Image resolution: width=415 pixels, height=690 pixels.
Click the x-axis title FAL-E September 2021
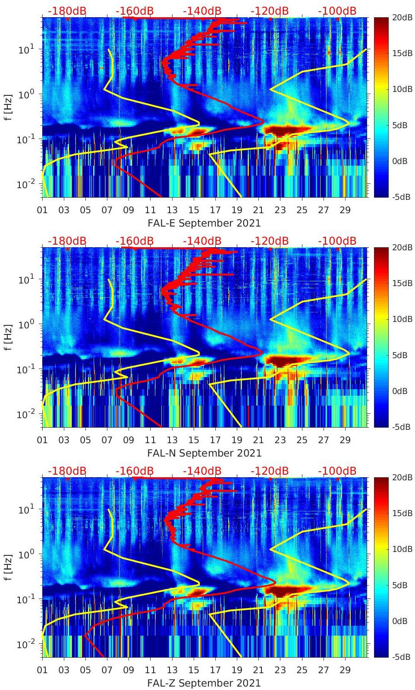[204, 223]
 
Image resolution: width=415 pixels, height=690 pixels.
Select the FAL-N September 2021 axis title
[204, 453]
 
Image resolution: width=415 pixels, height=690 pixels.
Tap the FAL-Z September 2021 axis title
[204, 683]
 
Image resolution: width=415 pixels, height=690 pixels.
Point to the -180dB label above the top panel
[67, 11]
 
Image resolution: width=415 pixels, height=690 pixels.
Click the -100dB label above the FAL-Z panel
[337, 471]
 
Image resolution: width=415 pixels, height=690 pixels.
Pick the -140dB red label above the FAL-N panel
[202, 241]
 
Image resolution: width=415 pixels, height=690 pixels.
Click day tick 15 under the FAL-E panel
[194, 210]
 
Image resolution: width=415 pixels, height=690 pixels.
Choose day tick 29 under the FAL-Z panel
[345, 670]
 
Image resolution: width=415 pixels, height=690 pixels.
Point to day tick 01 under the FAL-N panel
[42, 440]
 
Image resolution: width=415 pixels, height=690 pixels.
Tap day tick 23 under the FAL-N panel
[280, 440]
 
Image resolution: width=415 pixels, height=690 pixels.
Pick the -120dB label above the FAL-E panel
[270, 11]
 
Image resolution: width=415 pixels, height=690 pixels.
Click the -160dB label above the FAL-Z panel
[135, 471]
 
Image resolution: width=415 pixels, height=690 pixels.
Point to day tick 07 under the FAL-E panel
[107, 210]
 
